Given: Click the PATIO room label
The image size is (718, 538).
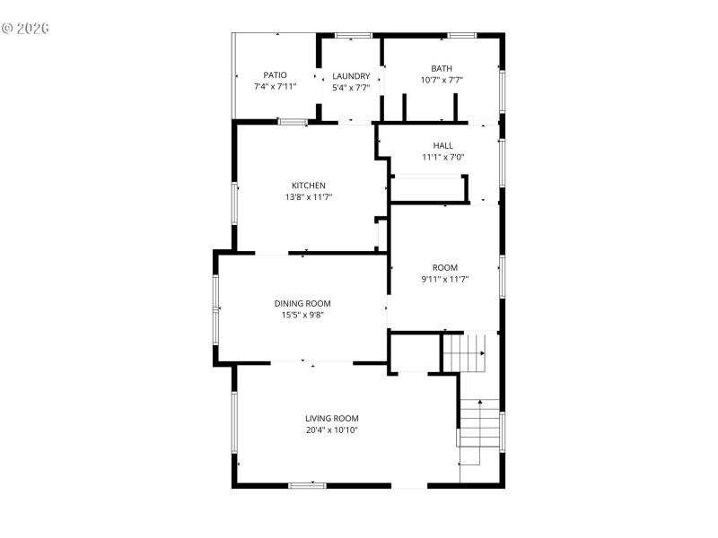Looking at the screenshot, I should (x=275, y=75).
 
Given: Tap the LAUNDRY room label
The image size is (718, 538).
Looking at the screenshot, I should (x=351, y=76).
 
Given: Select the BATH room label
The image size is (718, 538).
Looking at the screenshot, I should (x=442, y=68).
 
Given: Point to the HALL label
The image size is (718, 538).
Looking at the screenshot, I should (x=443, y=145).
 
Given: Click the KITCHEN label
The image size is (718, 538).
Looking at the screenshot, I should (x=309, y=186).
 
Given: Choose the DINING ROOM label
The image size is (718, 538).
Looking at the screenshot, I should (x=302, y=303).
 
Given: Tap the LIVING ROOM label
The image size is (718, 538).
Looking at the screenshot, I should (x=332, y=418).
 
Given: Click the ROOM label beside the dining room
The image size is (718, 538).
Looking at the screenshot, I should (x=445, y=267).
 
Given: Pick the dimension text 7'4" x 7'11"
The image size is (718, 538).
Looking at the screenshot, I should (x=275, y=87).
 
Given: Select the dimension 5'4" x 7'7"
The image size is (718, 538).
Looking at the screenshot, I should (x=351, y=87).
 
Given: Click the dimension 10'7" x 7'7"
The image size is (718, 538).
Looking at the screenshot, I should (x=442, y=80).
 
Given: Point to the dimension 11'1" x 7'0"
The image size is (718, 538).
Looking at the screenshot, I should (x=443, y=157).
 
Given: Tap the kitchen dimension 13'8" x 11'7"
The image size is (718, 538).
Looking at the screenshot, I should (x=309, y=197).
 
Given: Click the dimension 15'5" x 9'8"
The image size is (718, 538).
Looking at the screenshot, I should (x=302, y=315).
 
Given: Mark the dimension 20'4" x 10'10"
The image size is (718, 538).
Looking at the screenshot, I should (x=332, y=430).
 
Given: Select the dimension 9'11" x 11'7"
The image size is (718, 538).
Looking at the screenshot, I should (x=445, y=279).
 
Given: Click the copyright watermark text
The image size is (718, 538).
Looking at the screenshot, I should (x=25, y=28).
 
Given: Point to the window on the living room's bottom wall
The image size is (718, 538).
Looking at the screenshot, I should (x=307, y=485).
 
